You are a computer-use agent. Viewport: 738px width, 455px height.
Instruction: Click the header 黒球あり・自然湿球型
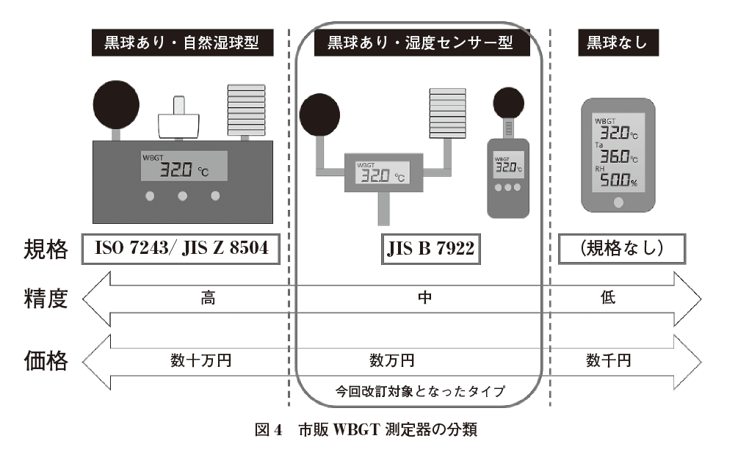(180, 43)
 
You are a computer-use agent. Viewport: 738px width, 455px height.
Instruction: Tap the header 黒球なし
(617, 43)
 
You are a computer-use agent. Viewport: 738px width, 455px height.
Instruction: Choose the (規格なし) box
(622, 250)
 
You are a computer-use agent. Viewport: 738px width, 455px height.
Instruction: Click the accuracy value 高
(207, 299)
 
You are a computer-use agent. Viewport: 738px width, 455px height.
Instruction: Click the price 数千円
(608, 360)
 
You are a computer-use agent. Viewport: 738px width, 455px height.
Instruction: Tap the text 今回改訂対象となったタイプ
(420, 391)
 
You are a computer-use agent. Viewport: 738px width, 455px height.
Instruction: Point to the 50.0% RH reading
(618, 181)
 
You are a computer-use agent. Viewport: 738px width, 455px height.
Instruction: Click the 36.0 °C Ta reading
(618, 156)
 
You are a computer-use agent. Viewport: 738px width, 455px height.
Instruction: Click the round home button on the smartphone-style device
(618, 201)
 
